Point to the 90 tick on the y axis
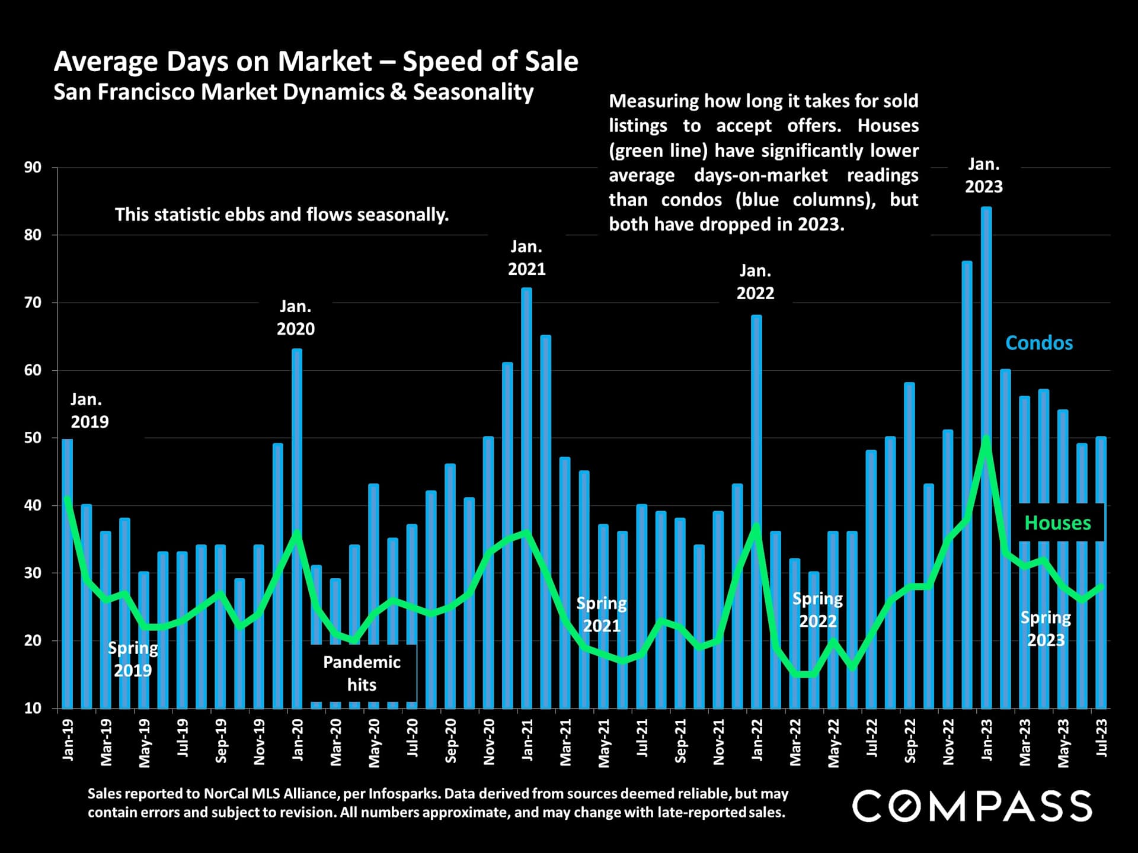pos(33,168)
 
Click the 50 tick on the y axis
pos(33,438)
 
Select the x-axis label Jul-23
pos(1101,738)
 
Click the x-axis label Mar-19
pos(106,742)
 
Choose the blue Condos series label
pos(1039,343)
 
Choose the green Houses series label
pos(1057,522)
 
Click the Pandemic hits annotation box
pos(362,674)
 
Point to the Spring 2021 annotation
pos(602,614)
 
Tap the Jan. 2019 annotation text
pos(89,411)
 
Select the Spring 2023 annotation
pos(1046,628)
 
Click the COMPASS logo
pos(972,806)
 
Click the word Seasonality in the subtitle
pos(473,92)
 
